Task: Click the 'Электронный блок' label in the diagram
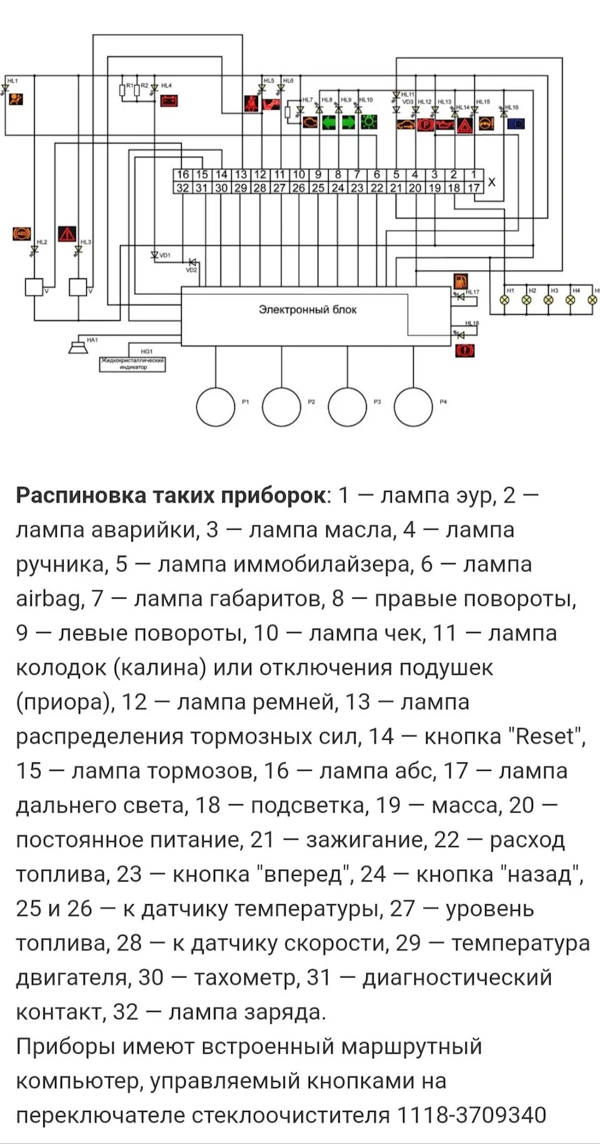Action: click(x=307, y=310)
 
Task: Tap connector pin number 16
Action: click(x=182, y=175)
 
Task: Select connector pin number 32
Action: click(x=182, y=187)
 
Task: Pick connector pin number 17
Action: click(x=473, y=187)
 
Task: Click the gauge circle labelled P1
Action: click(x=216, y=407)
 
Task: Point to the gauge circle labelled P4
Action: click(x=413, y=407)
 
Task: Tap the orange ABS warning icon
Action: click(x=22, y=234)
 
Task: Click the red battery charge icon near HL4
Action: click(x=169, y=100)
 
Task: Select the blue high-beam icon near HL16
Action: click(x=516, y=124)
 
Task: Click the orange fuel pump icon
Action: click(x=461, y=281)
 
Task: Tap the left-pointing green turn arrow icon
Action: click(x=329, y=122)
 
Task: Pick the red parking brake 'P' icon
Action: click(x=425, y=124)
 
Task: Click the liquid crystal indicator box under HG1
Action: click(x=132, y=364)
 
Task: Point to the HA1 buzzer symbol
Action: click(x=78, y=346)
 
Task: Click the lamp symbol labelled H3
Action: click(x=548, y=299)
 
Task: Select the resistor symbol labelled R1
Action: click(x=123, y=91)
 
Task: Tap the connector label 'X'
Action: click(x=492, y=182)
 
